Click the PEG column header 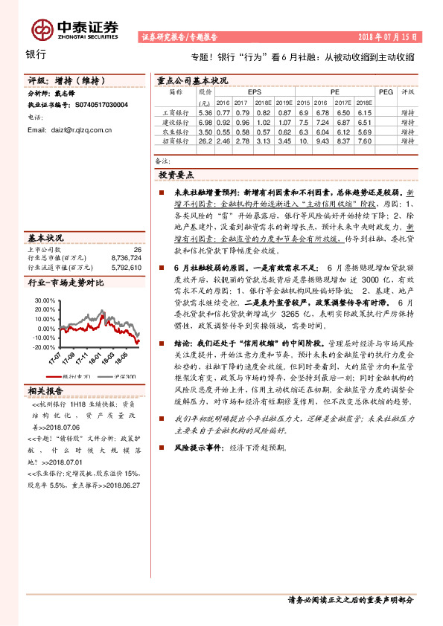point(385,92)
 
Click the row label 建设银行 point(176,121)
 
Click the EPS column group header point(254,92)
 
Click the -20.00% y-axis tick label point(44,347)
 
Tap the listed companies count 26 point(137,250)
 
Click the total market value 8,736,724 point(126,259)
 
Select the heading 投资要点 point(176,174)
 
